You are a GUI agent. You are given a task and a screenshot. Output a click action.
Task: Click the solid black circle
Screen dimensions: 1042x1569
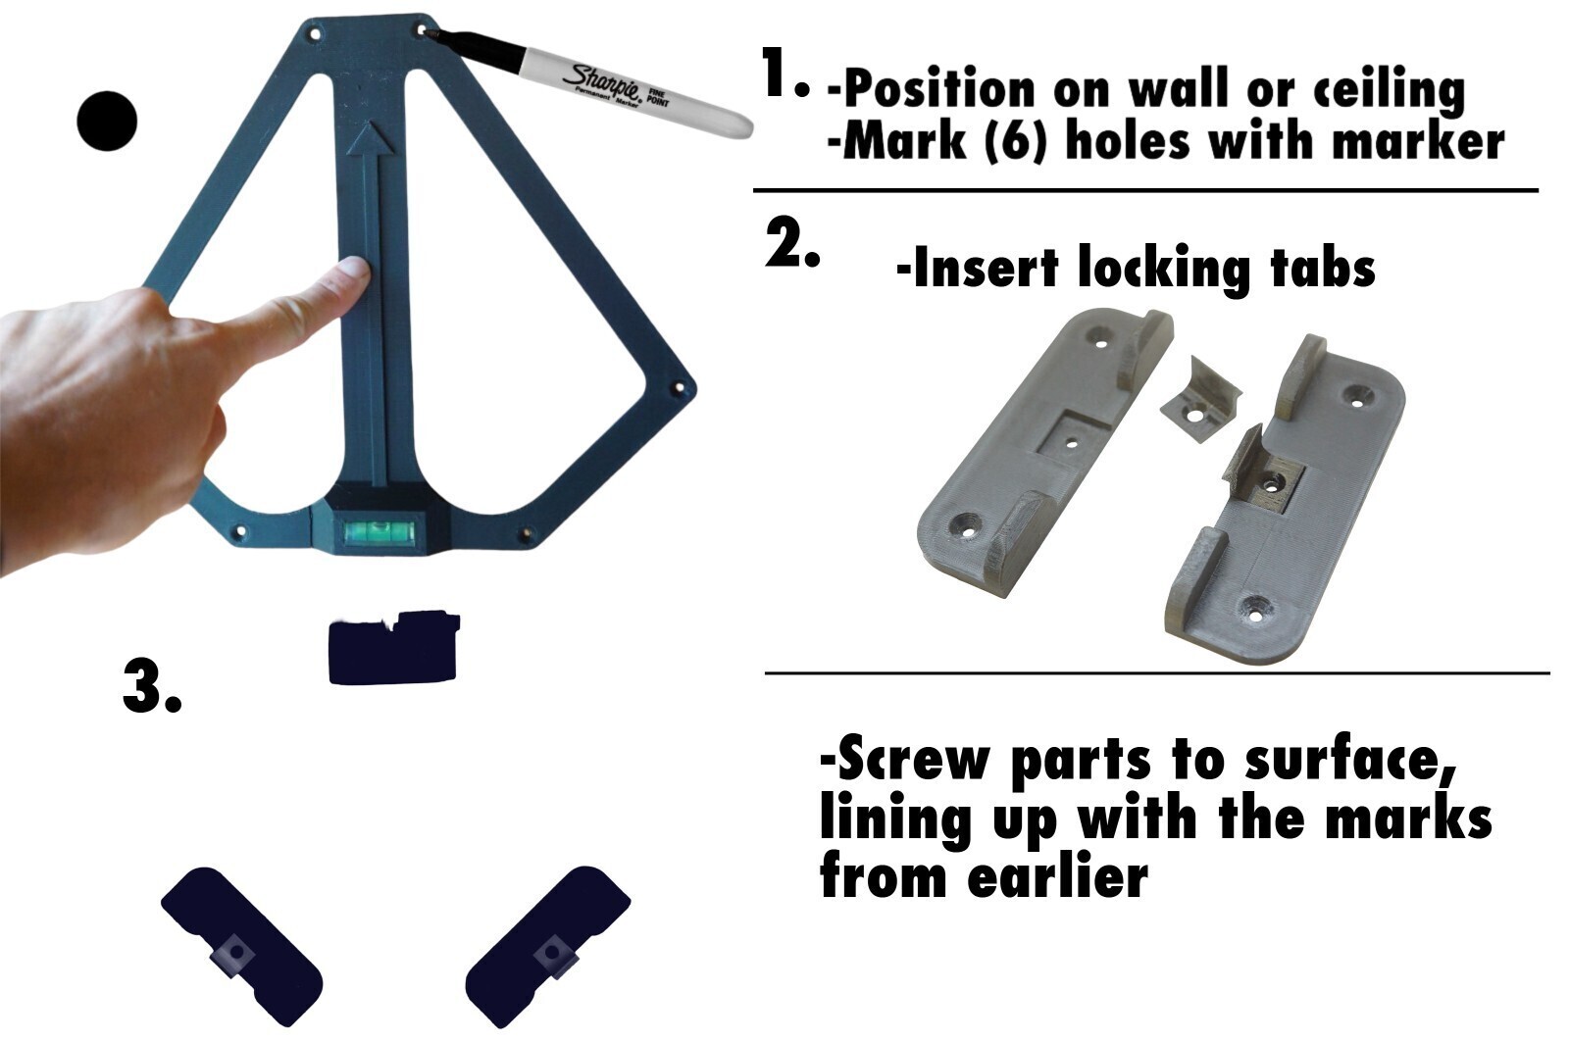[107, 122]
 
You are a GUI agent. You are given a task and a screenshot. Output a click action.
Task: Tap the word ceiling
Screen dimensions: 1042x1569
[1388, 90]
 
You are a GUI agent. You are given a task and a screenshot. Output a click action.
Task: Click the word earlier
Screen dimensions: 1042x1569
[1057, 877]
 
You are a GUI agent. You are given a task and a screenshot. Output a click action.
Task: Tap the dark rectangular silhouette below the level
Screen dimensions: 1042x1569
[392, 649]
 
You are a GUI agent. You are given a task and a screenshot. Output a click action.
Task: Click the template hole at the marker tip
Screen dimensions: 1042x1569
[423, 31]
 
